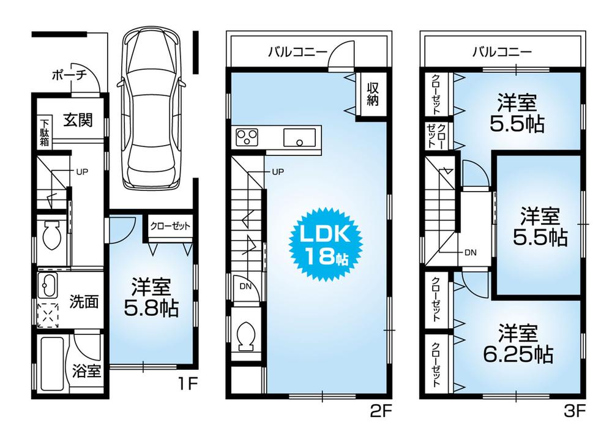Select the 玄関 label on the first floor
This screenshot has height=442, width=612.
pos(78,120)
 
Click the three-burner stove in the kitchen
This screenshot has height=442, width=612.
pos(247,136)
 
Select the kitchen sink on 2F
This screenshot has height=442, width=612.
pos(299,137)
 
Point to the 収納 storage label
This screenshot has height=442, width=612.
pos(372,95)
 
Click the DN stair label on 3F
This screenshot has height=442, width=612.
pos(470,252)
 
